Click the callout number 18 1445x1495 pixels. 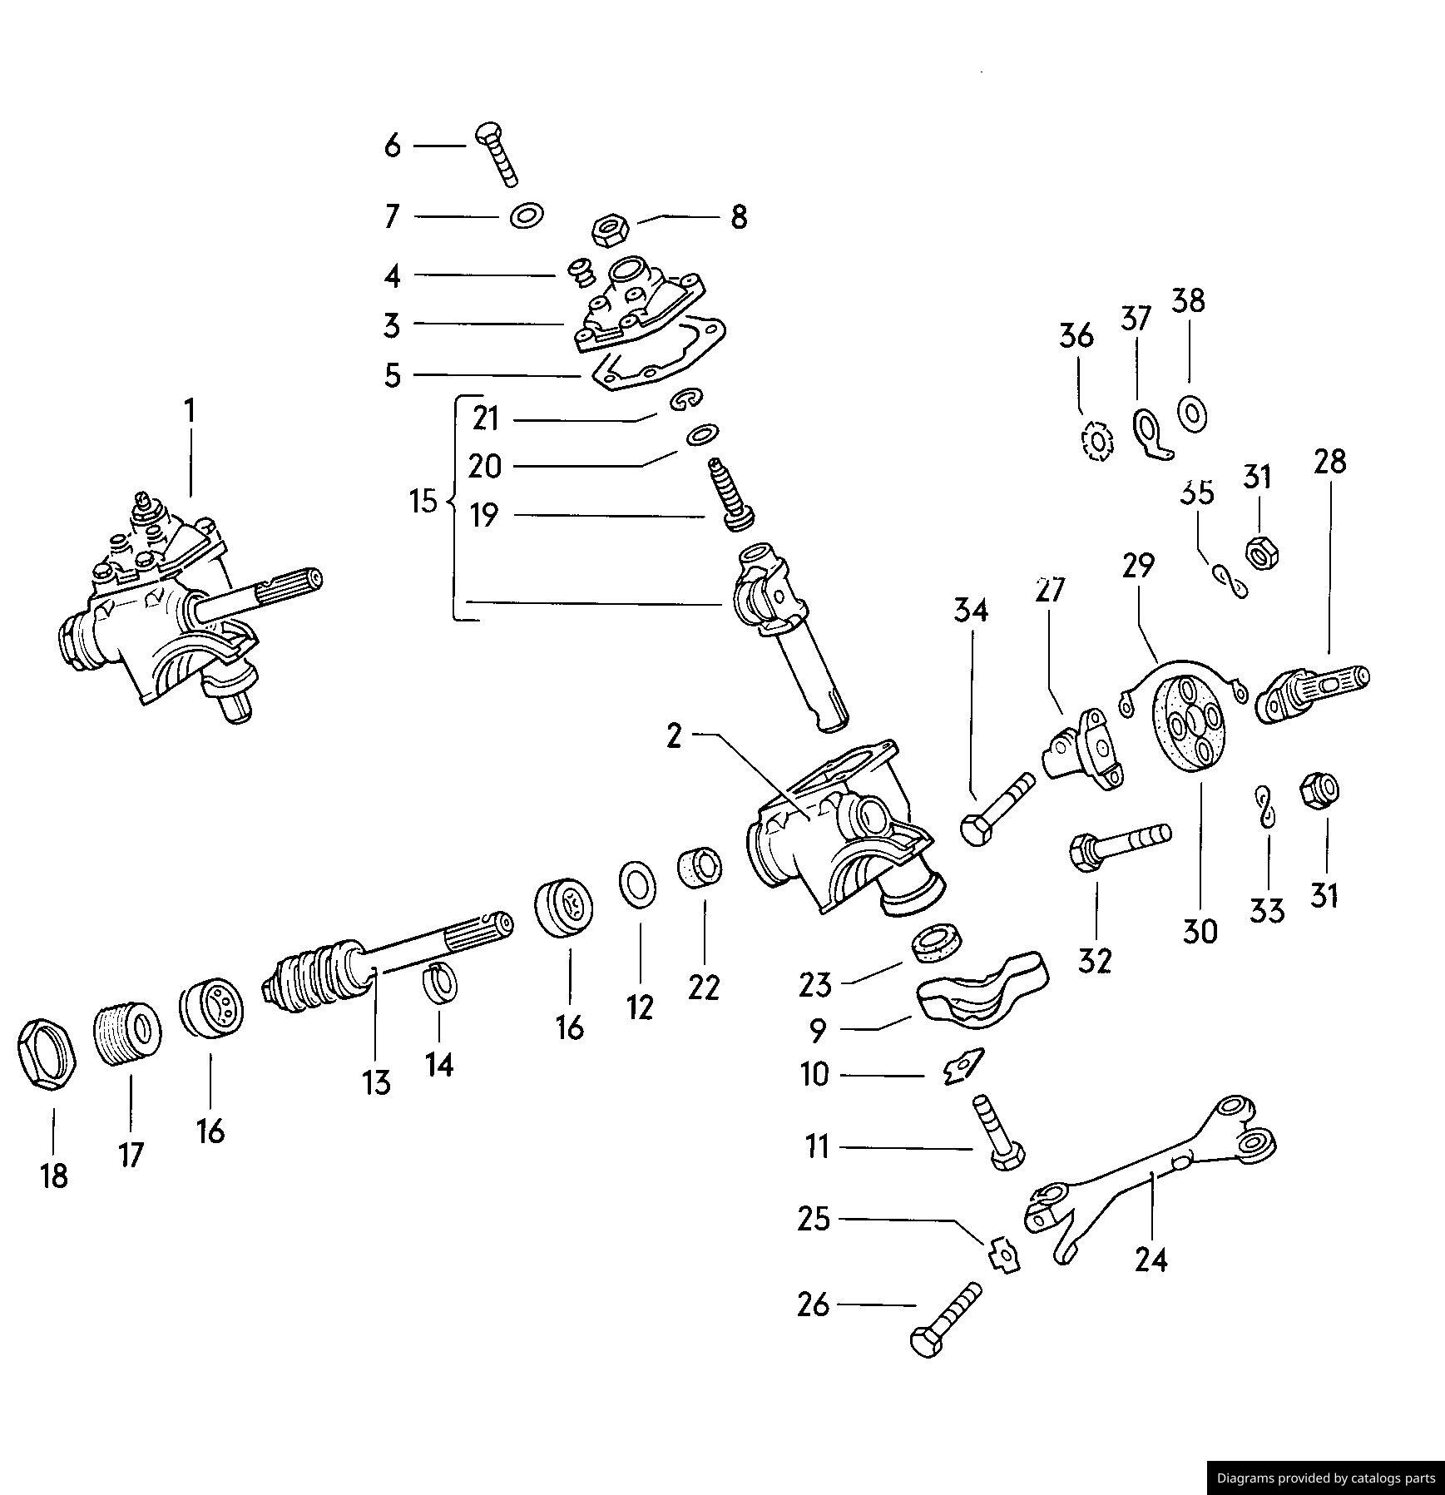pyautogui.click(x=54, y=1176)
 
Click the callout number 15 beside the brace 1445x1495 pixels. pyautogui.click(x=423, y=502)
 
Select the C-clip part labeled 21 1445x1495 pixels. pyautogui.click(x=690, y=400)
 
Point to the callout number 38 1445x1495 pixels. pyautogui.click(x=1188, y=301)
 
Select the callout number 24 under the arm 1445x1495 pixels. pyautogui.click(x=1151, y=1260)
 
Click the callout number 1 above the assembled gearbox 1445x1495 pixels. pyautogui.click(x=191, y=411)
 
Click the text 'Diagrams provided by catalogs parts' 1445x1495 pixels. pyautogui.click(x=1326, y=1478)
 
